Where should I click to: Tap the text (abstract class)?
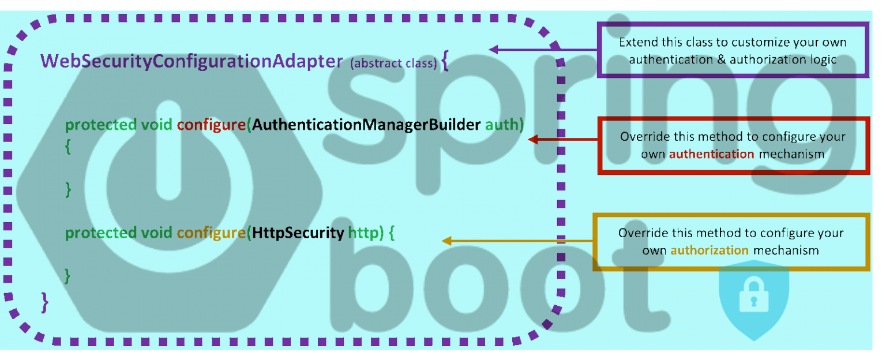click(393, 63)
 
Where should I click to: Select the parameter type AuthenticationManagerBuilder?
click(366, 125)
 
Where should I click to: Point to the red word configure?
click(211, 125)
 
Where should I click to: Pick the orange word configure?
click(211, 233)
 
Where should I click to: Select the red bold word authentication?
click(711, 154)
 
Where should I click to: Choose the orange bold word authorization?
click(709, 250)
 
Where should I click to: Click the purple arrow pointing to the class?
click(542, 50)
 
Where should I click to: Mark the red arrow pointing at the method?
click(563, 139)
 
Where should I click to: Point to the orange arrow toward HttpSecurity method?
click(517, 241)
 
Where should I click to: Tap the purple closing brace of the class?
click(45, 302)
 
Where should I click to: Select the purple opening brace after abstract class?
click(445, 61)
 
